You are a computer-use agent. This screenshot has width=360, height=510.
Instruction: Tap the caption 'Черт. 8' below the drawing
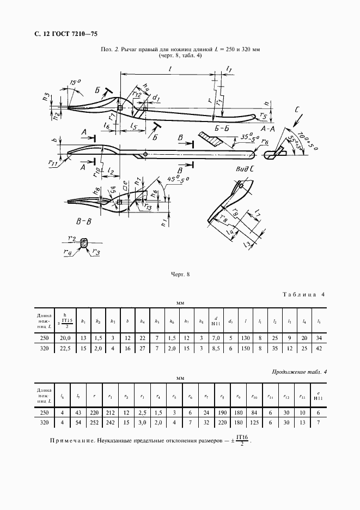point(179,275)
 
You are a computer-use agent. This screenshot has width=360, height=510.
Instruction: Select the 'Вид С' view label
point(245,169)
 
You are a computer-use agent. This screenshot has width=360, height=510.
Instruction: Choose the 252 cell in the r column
point(96,422)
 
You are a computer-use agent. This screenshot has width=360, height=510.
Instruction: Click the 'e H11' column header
point(318,394)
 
